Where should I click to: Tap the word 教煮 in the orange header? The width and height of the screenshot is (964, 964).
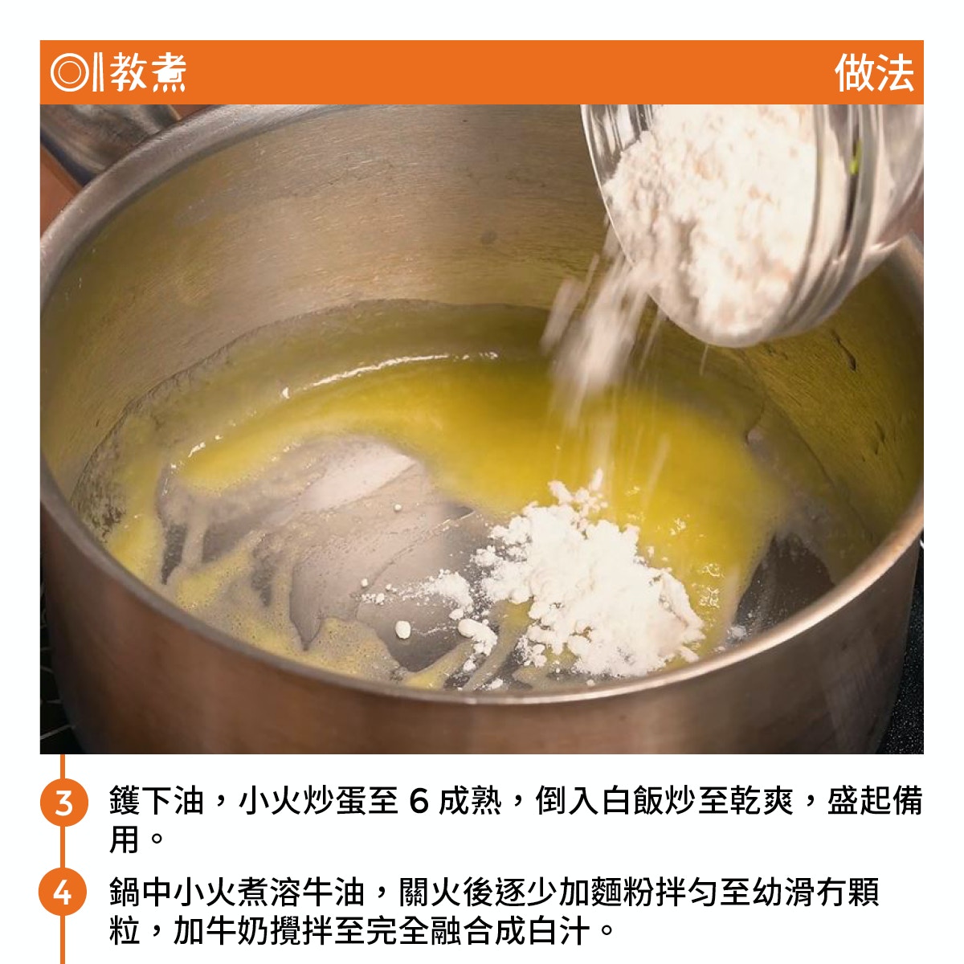[148, 72]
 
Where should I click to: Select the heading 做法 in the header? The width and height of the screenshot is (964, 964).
[874, 73]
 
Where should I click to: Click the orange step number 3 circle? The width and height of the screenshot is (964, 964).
[64, 803]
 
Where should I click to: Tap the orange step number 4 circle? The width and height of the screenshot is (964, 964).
[63, 893]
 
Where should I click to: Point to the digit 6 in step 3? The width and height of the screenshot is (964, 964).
[419, 801]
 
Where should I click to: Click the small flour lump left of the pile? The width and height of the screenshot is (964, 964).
[402, 630]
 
